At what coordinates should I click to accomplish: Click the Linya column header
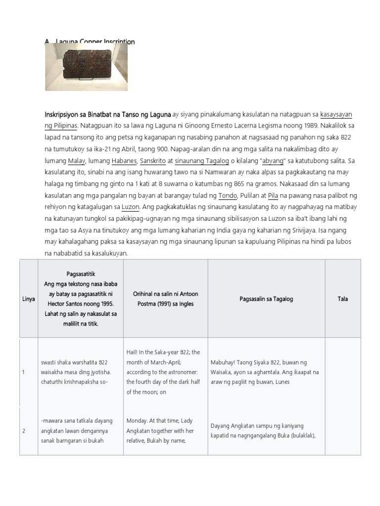[x=29, y=299]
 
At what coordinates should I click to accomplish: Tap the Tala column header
[x=343, y=299]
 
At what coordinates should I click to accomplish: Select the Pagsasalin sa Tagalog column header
[x=266, y=299]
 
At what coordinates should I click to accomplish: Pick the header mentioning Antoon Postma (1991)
[x=165, y=299]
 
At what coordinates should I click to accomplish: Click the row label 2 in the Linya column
[x=24, y=431]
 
